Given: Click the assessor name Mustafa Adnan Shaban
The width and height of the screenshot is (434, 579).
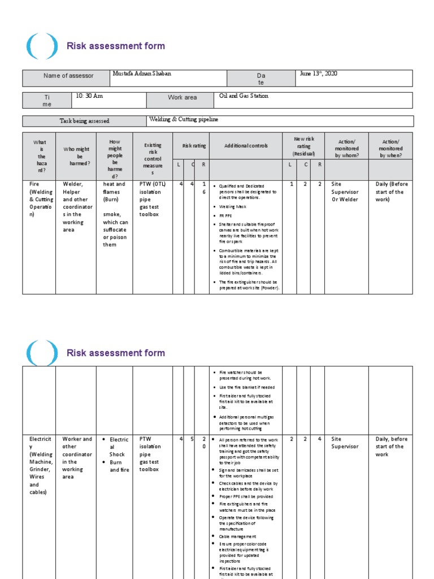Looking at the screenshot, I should (143, 74).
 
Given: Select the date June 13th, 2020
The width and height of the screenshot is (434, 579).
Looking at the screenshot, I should (318, 74).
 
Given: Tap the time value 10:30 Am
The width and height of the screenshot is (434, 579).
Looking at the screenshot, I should (89, 96).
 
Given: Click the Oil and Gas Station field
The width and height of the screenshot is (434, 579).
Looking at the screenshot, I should (244, 96).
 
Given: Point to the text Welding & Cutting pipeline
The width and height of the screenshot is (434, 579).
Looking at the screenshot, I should (183, 119).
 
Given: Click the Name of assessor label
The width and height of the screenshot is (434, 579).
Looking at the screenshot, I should (68, 76).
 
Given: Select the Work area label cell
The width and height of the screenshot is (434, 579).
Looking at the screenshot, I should (182, 98).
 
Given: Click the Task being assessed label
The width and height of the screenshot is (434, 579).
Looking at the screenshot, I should (84, 121).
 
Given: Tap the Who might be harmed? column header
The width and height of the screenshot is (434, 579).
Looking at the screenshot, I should (76, 157).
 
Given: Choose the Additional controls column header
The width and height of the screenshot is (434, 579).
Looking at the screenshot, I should (246, 146).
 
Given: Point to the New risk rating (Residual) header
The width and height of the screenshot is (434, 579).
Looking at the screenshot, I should (303, 146).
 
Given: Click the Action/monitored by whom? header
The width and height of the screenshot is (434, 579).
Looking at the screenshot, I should (346, 148).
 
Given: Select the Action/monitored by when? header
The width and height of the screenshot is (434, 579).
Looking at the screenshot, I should (390, 148).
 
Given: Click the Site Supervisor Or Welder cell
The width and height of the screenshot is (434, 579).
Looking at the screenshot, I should (345, 192).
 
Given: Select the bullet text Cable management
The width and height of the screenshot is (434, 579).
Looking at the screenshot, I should (237, 537).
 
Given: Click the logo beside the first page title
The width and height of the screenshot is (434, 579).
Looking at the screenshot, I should (42, 46).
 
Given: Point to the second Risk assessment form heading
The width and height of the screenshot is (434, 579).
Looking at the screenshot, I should (116, 353).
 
